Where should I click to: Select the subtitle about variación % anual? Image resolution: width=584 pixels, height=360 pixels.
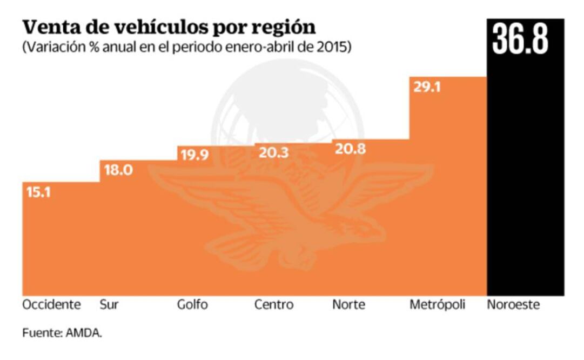[187, 47]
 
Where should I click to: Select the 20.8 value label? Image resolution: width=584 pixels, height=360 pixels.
[350, 150]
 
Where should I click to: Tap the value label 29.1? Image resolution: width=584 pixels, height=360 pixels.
[427, 86]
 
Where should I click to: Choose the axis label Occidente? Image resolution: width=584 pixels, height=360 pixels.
[51, 305]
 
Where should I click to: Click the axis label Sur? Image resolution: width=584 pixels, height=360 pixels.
[109, 305]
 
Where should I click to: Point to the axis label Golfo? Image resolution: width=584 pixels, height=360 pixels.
[192, 305]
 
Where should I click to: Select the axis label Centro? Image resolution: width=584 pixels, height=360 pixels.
[274, 305]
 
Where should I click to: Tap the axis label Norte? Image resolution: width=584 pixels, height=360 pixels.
[348, 305]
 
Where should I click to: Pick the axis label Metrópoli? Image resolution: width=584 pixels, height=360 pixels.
[437, 305]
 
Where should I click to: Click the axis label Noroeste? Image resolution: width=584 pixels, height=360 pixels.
[513, 305]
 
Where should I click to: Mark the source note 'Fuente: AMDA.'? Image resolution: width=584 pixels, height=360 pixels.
[62, 333]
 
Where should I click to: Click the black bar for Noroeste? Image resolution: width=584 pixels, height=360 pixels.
[525, 178]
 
